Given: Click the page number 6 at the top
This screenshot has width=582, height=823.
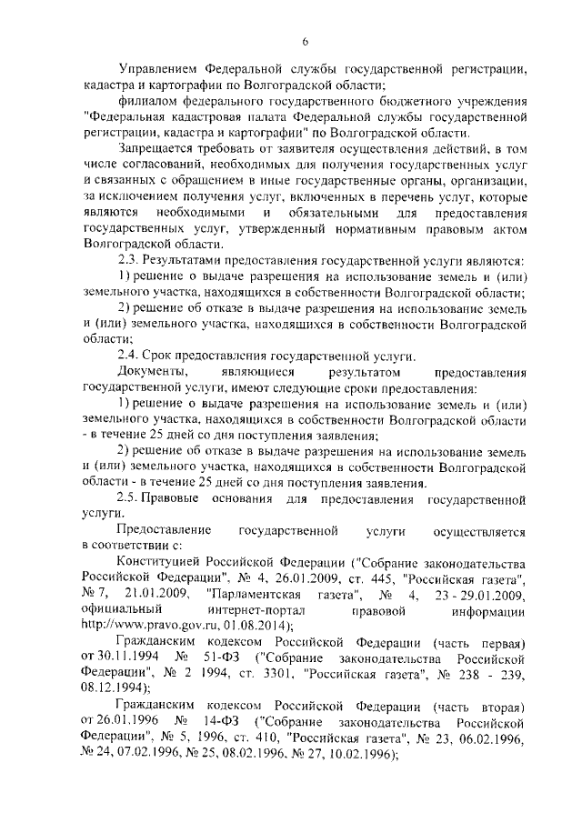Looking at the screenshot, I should point(306,42).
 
